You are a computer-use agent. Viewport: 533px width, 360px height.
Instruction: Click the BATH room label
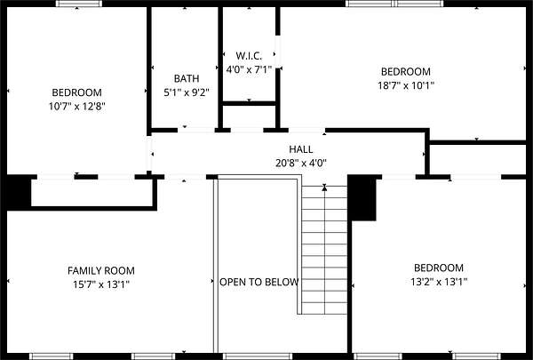187,78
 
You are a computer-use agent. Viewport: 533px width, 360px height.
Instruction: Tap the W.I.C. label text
249,56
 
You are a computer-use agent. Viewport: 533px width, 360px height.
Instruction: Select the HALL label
301,149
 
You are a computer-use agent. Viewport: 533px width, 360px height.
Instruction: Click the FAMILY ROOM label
101,271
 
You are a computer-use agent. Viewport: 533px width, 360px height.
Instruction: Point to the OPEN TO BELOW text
259,282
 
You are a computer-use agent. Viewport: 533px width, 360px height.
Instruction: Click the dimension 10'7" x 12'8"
76,107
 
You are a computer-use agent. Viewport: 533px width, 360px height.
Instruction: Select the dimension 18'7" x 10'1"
406,85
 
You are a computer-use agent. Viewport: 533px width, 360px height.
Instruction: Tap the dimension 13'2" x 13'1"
439,282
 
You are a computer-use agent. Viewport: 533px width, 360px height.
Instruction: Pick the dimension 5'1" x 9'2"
187,92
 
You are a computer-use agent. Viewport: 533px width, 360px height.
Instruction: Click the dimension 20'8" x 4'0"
301,164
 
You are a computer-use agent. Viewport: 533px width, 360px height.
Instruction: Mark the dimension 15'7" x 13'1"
101,284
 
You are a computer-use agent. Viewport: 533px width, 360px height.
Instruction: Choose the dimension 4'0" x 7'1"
249,69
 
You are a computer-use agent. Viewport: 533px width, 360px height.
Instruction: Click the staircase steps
324,250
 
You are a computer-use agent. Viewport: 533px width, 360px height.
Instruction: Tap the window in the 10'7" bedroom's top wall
78,4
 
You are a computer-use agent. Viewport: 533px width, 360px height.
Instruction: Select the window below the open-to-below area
258,356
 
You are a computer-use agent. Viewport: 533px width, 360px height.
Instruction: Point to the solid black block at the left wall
19,192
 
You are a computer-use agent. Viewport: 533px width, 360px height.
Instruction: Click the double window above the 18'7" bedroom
394,4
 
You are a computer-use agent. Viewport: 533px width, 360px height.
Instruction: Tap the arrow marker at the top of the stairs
324,188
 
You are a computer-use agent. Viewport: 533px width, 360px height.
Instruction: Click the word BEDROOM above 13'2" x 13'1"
439,268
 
